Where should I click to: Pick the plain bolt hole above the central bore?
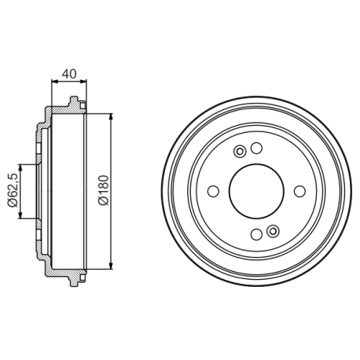tap(256, 149)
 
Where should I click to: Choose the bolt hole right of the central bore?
tap(299, 191)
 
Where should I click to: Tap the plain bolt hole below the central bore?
tap(256, 233)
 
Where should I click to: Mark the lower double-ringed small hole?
tap(273, 230)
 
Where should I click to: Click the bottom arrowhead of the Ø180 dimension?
tap(110, 265)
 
